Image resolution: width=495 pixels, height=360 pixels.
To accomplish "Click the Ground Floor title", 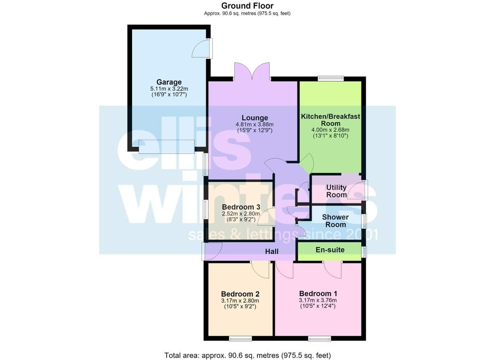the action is (x=247, y=6).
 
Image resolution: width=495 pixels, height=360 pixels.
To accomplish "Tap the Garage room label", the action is (x=169, y=82).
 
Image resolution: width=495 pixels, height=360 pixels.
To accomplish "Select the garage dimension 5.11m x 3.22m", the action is (x=169, y=89).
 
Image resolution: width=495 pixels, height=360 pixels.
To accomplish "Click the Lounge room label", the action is (x=255, y=118).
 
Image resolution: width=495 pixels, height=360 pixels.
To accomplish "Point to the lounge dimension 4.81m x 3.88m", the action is (x=255, y=125).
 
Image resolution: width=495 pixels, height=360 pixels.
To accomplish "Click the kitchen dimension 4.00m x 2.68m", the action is (x=330, y=130).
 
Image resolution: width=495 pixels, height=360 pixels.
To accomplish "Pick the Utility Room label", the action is (x=336, y=191).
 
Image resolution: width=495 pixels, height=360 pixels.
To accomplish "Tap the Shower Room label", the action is (x=335, y=221).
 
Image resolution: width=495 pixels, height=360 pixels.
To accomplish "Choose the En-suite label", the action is (x=330, y=250).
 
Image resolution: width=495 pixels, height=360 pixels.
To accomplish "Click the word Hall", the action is (x=272, y=251).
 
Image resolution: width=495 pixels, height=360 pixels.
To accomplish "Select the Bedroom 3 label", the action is (x=241, y=207).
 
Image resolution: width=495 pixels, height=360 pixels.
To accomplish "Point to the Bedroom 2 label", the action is (x=240, y=294).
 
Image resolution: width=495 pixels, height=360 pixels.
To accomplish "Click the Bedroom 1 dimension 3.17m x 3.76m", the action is (x=318, y=300).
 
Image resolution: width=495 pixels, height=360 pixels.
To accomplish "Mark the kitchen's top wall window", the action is (x=331, y=78).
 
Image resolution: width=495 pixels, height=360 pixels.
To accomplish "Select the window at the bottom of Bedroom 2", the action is (x=240, y=339).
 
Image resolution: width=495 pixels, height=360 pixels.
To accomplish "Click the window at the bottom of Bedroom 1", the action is (x=320, y=339).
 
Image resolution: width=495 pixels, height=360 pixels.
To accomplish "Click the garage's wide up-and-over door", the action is (x=167, y=147).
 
